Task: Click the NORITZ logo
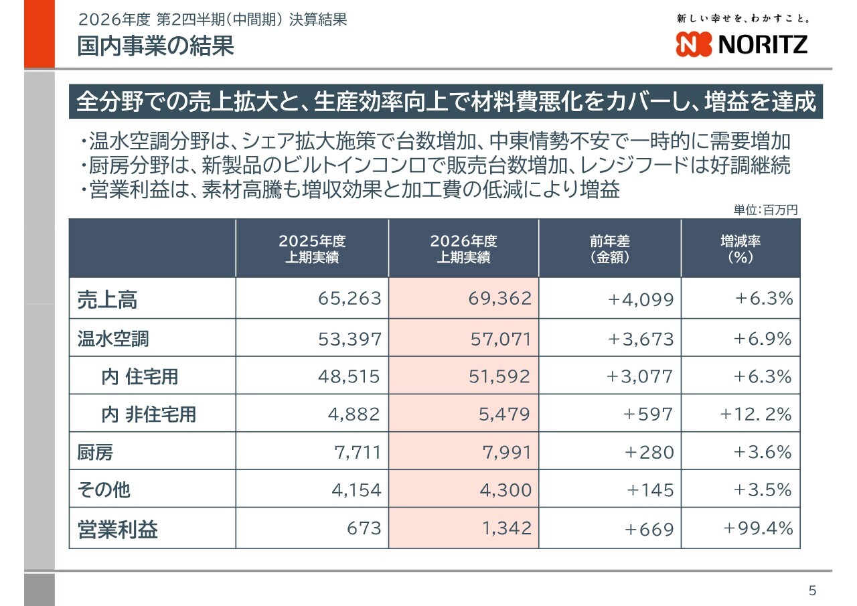(x=741, y=44)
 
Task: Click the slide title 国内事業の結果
(x=155, y=46)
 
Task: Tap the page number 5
(x=813, y=591)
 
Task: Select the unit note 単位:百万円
(x=765, y=210)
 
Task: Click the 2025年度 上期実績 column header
(x=312, y=248)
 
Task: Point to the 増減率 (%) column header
(x=741, y=248)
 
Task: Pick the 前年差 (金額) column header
(x=610, y=248)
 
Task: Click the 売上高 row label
(x=107, y=299)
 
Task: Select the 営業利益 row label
(x=117, y=530)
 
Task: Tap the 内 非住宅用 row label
(x=149, y=414)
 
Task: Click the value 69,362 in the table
(x=500, y=299)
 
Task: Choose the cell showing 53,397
(x=349, y=339)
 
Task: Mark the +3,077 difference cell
(x=639, y=376)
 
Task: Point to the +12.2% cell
(x=756, y=414)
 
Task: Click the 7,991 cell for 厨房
(x=507, y=452)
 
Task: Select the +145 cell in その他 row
(x=650, y=490)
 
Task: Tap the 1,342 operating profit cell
(x=507, y=528)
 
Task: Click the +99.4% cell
(x=758, y=528)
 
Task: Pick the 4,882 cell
(x=354, y=414)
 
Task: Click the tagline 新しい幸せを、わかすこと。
(x=743, y=18)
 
